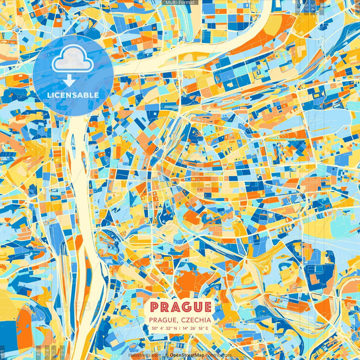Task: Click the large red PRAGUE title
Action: pos(181,307)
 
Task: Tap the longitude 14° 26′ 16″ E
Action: pos(195,328)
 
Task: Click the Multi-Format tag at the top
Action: pos(180,3)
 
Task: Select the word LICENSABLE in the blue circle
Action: pos(73,95)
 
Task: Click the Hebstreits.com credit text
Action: pos(145,355)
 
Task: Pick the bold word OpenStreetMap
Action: pos(187,355)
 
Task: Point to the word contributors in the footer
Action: pos(219,355)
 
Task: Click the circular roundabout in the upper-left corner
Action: pos(17,30)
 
